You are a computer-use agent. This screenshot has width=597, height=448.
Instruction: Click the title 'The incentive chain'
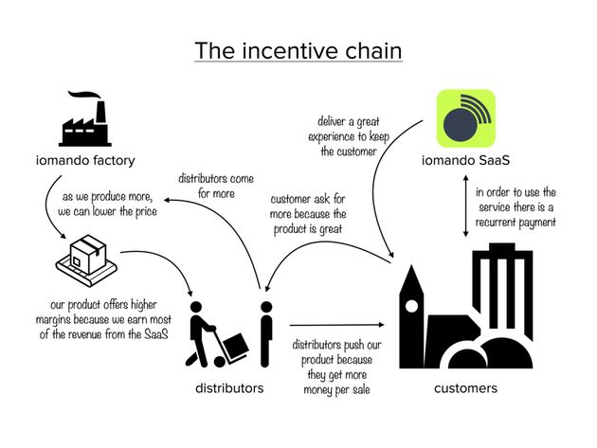298,49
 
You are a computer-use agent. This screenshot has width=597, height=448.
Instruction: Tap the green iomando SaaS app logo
465,118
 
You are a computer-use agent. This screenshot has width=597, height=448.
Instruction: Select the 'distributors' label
229,388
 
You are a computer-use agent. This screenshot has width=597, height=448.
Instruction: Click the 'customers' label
465,388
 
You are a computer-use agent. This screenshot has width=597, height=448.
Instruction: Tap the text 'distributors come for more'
217,185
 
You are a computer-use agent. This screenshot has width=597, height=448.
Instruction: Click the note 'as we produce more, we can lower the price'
109,205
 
